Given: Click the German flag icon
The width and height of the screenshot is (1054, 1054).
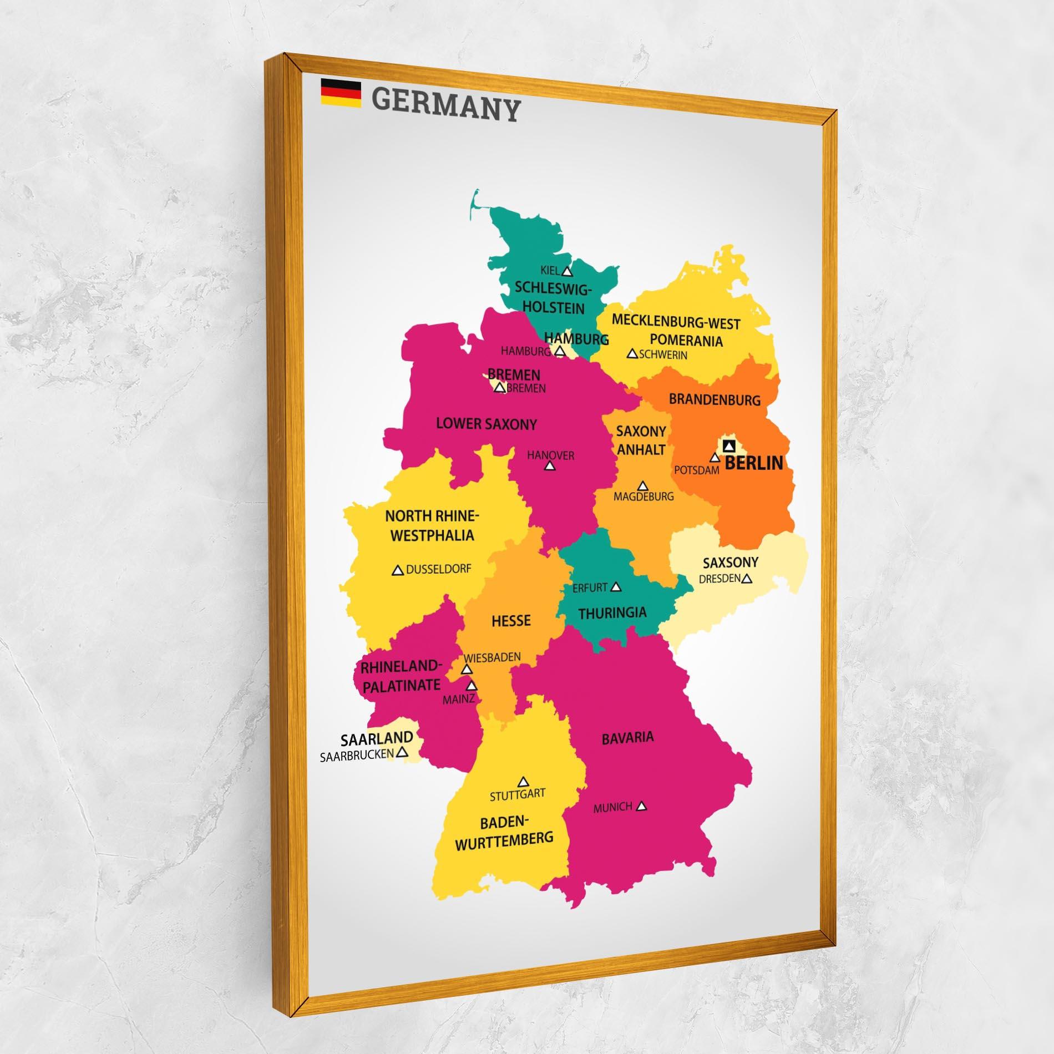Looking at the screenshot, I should point(341,92).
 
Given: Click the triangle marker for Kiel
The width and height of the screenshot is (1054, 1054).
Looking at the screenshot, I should point(566,271).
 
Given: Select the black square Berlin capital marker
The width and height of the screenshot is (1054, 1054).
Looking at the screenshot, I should point(729,445).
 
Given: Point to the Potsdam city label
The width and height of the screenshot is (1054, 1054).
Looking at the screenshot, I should point(696,470).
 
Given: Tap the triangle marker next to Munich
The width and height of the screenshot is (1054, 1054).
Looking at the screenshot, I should point(642,807).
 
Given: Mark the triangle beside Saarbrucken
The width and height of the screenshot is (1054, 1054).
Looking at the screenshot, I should point(403,752).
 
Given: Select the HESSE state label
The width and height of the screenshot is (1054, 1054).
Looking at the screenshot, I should point(511,620).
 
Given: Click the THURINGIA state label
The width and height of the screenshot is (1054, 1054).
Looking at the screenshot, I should point(612,613).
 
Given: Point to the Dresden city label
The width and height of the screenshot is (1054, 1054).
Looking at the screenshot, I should point(719,579).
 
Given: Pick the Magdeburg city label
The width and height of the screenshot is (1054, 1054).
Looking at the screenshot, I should point(643,496).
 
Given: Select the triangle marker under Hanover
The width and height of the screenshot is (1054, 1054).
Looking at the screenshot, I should point(550,466).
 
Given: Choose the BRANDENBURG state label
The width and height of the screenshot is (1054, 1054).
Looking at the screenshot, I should point(715,399).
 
